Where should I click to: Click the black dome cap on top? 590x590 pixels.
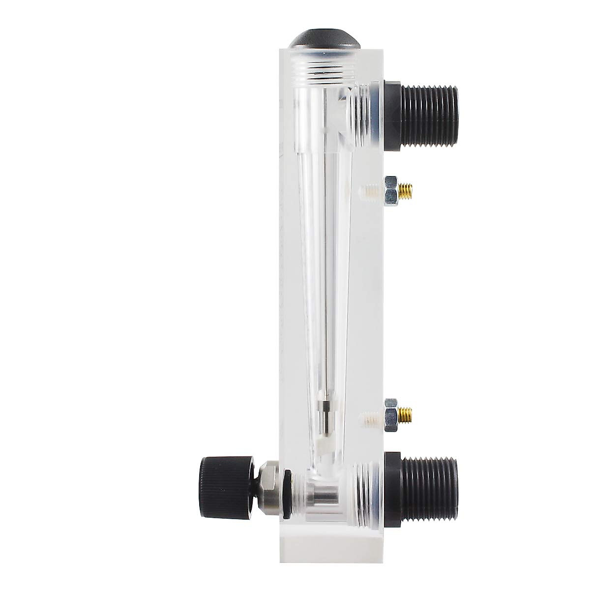(x=324, y=39)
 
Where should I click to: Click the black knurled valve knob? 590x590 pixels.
(x=226, y=487)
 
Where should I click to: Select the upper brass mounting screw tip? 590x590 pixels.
(x=406, y=191)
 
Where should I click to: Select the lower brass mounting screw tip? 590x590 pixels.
(x=406, y=415)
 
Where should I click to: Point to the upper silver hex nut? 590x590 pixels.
(x=391, y=191)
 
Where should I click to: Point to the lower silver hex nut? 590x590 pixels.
(x=391, y=415)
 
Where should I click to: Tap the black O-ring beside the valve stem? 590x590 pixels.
(x=287, y=487)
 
